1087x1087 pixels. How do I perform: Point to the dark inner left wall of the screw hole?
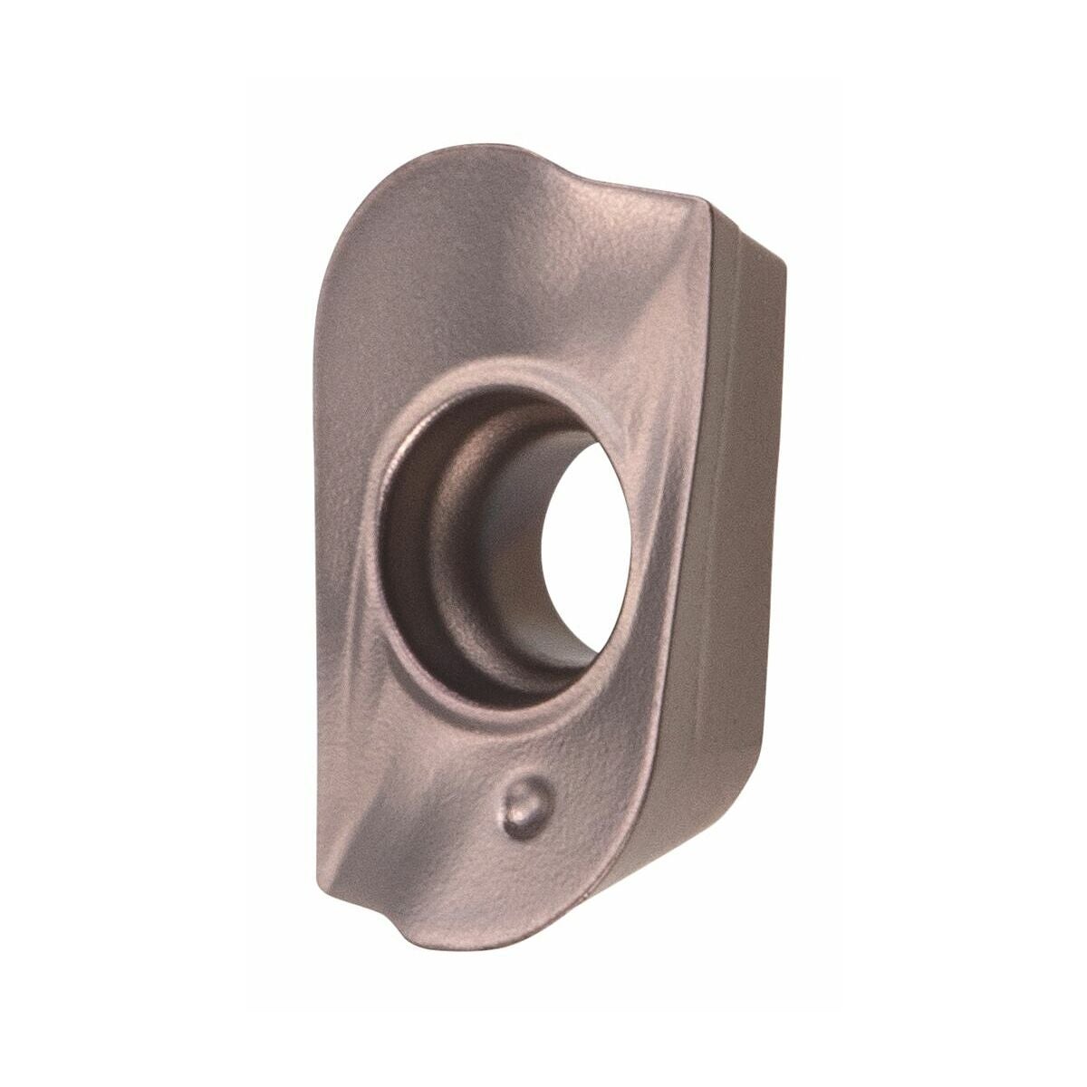[x=408, y=543]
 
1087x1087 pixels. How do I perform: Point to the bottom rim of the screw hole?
[x=489, y=697]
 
